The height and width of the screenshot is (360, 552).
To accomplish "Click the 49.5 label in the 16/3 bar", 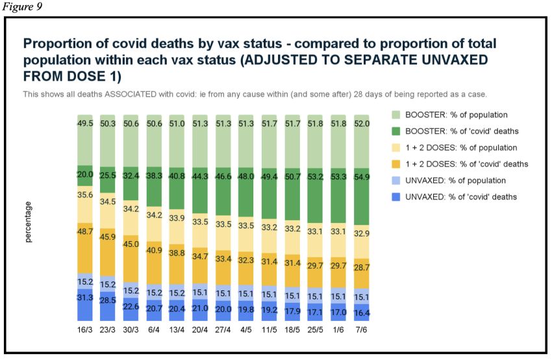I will pos(86,123).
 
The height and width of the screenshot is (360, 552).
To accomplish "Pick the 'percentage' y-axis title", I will pos(29,222).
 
